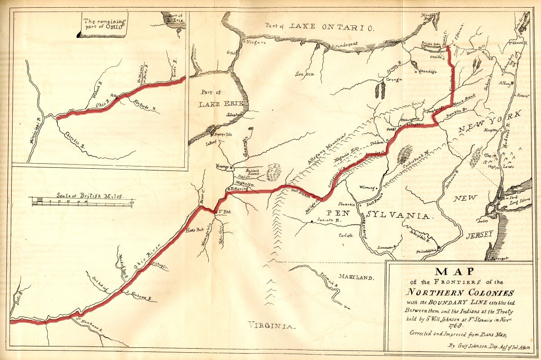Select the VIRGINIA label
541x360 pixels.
pos(269,324)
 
